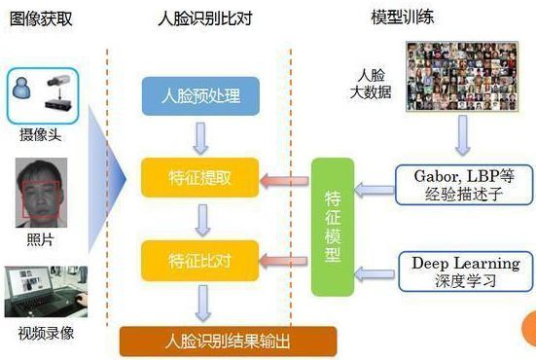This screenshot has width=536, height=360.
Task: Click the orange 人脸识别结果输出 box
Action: [x=228, y=342]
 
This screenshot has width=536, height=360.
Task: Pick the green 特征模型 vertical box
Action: [x=331, y=226]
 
